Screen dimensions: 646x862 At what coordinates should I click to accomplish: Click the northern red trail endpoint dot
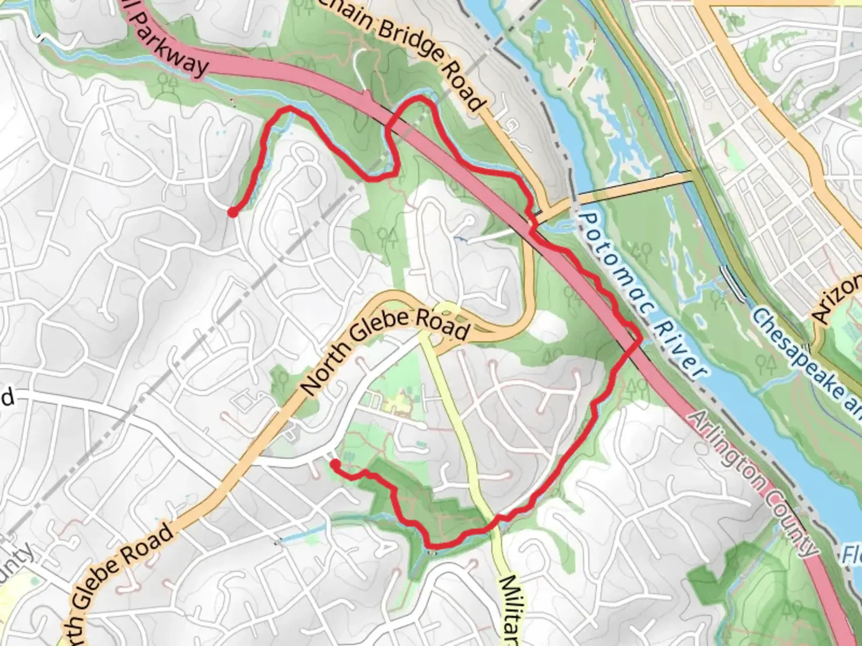point(232,211)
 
